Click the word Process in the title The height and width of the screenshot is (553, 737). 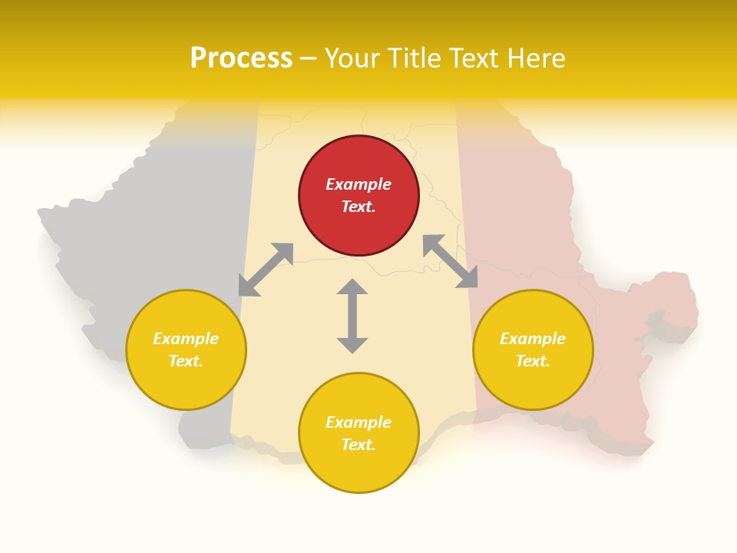tap(241, 58)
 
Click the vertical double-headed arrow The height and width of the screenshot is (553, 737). tap(352, 316)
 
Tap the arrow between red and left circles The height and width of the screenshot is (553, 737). tap(266, 269)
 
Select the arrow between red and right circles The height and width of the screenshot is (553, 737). tap(450, 261)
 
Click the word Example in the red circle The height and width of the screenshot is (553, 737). tap(359, 184)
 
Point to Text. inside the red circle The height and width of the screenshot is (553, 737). tap(359, 207)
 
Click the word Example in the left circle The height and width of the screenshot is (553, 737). tap(186, 339)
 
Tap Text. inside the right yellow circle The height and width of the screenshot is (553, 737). tap(533, 361)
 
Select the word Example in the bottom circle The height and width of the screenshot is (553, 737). tap(359, 422)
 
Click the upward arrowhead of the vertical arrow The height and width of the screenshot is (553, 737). tap(352, 286)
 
